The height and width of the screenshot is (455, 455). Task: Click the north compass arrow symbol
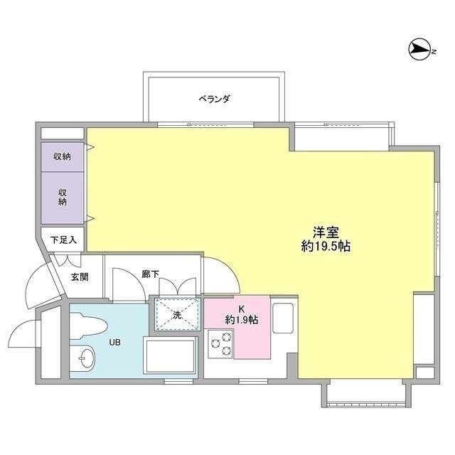point(421,49)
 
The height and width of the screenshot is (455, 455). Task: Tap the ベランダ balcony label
point(214,100)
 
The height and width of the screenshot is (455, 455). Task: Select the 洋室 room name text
point(326,232)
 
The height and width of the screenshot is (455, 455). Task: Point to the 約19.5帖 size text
point(326,247)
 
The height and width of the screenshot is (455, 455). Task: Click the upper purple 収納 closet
point(62,156)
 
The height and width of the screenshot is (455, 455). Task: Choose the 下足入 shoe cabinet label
point(63,240)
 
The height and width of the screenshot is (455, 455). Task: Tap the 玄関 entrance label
point(79,277)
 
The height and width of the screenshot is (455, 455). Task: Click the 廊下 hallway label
point(149,273)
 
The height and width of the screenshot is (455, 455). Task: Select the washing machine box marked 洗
point(176,314)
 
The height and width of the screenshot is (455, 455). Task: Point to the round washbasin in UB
point(84,360)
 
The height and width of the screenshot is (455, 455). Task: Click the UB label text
point(114,343)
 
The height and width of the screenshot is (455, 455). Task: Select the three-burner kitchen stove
point(221,344)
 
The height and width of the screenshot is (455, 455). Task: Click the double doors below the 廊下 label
point(176,286)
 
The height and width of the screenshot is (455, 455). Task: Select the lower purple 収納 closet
point(62,196)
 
